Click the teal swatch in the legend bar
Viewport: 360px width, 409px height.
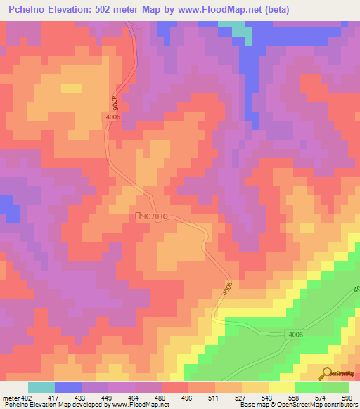click(x=41, y=387)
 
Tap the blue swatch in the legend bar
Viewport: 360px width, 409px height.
click(x=68, y=387)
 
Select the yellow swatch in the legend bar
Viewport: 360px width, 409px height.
click(x=282, y=387)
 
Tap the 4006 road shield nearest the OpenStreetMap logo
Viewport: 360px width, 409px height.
click(x=296, y=335)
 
